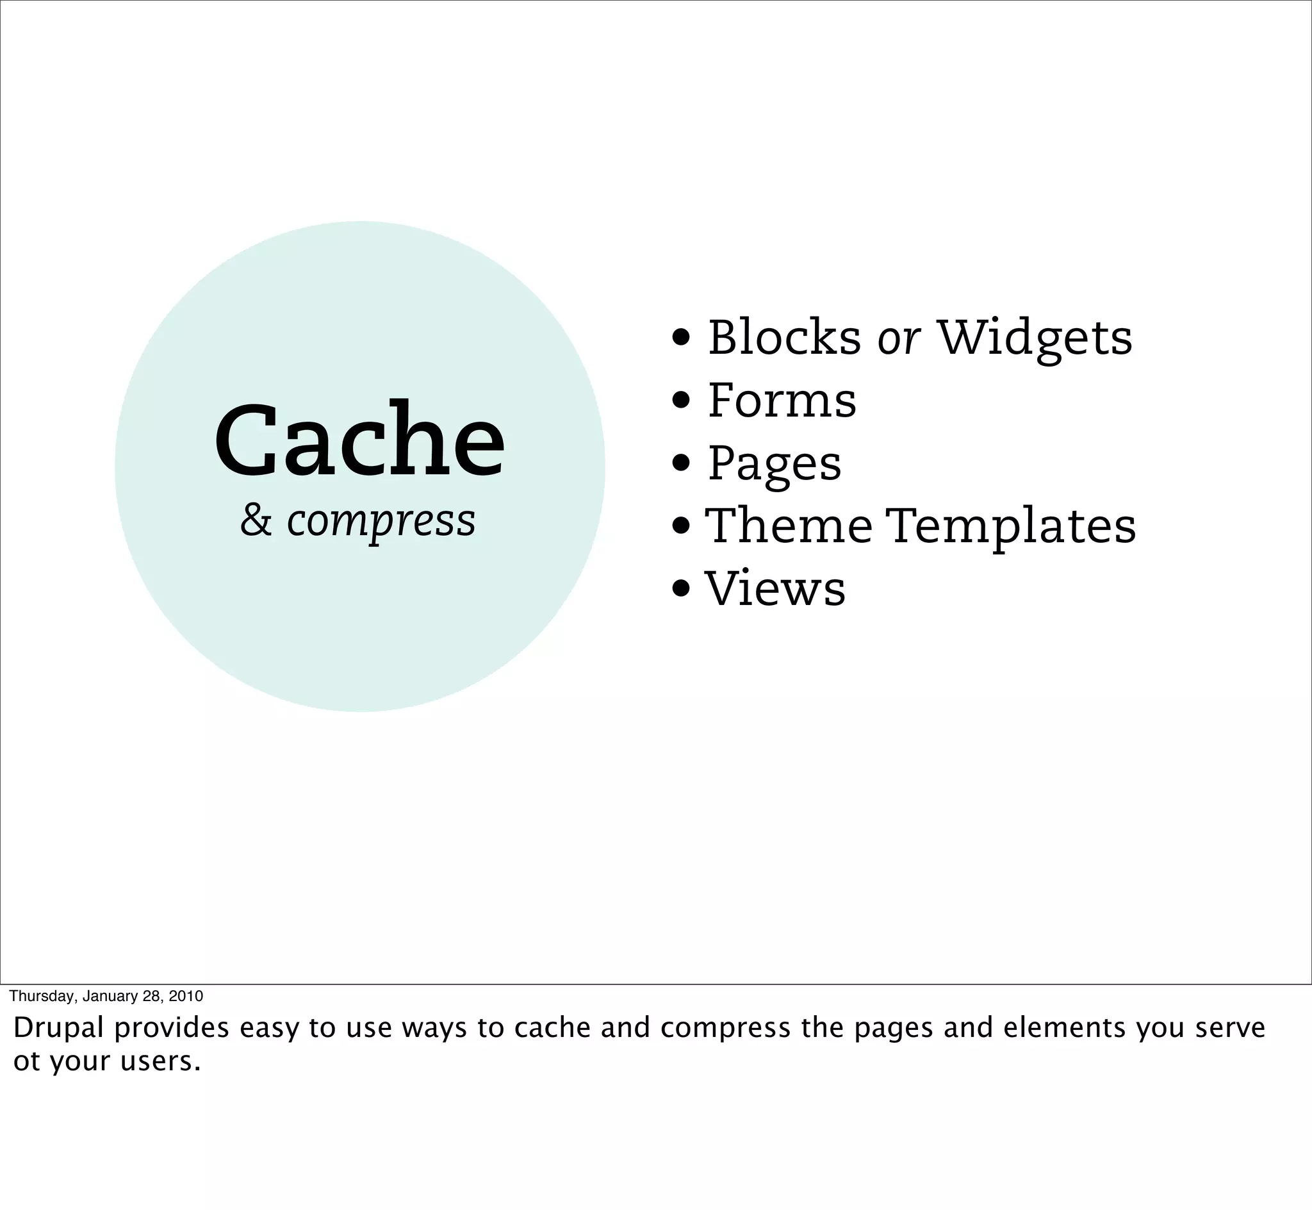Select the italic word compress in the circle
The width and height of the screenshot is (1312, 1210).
tap(381, 522)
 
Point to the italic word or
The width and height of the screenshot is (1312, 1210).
tap(898, 338)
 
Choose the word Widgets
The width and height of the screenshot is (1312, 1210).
tap(1035, 338)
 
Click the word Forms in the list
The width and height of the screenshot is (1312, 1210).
tap(782, 400)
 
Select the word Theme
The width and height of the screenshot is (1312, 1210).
tap(789, 525)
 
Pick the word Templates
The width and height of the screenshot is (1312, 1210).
tap(1011, 526)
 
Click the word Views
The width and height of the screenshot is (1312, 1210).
tap(775, 588)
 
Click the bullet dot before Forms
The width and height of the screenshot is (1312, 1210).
tap(681, 399)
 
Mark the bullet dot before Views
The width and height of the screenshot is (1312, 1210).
tap(681, 588)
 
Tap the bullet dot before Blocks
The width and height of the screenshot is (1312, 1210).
tap(681, 337)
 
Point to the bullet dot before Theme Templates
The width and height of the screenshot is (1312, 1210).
tap(681, 525)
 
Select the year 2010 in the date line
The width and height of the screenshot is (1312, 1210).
tap(186, 996)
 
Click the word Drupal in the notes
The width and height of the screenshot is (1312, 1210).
tap(58, 1027)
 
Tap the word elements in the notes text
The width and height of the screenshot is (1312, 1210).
tap(1065, 1027)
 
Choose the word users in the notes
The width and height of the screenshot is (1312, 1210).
tap(160, 1061)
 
